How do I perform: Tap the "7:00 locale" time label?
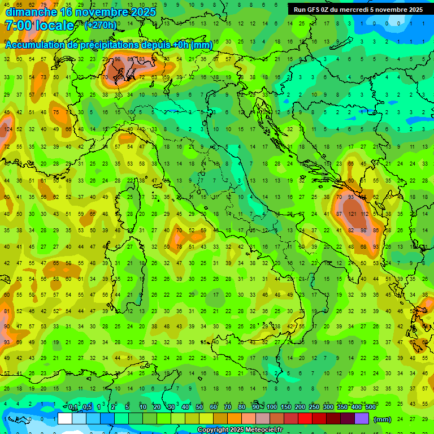coord(40,25)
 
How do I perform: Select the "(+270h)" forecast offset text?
coord(101,25)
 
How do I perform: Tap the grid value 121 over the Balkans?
coord(353,214)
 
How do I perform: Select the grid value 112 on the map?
coord(364,214)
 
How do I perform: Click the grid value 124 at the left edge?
coord(7,129)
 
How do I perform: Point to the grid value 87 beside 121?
coord(340,214)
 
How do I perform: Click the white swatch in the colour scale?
coord(65,419)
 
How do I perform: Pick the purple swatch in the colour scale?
coord(362,419)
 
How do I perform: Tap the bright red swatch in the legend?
coord(306,419)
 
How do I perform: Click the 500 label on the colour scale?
coord(370,407)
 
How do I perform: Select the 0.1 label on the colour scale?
coord(73,407)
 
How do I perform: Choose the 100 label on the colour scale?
coord(272,407)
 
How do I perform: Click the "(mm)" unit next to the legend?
coord(383,419)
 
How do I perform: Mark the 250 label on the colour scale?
coord(314,407)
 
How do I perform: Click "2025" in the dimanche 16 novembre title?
coord(143,12)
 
